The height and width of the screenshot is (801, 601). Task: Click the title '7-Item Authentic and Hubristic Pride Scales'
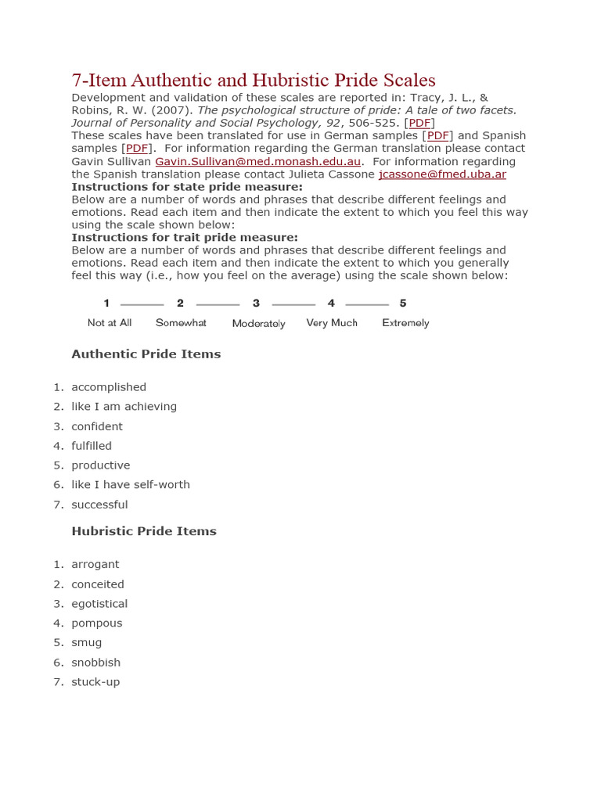[254, 80]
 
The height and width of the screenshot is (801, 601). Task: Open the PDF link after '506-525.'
[419, 123]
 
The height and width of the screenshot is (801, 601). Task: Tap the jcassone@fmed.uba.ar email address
[442, 174]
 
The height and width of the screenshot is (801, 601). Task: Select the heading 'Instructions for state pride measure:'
[187, 187]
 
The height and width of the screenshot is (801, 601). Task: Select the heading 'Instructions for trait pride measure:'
[185, 237]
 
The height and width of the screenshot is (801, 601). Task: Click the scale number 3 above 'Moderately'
[256, 304]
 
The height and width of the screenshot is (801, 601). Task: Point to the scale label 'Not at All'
[110, 322]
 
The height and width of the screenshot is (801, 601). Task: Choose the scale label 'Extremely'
[405, 322]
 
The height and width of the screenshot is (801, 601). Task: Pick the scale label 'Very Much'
[332, 322]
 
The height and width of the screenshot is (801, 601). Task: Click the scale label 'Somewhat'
[181, 322]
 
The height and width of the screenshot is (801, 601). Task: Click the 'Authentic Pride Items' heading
[146, 354]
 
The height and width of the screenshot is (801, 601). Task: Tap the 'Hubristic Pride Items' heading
[144, 531]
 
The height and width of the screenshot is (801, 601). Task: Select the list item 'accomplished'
[109, 387]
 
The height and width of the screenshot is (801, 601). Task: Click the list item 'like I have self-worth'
[131, 485]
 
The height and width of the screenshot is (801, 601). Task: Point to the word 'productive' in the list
[101, 465]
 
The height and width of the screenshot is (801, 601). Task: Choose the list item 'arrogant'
[95, 565]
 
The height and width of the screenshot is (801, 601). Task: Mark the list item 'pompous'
[97, 623]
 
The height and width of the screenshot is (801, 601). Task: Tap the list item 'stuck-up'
[95, 682]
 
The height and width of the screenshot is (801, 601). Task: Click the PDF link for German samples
[437, 135]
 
